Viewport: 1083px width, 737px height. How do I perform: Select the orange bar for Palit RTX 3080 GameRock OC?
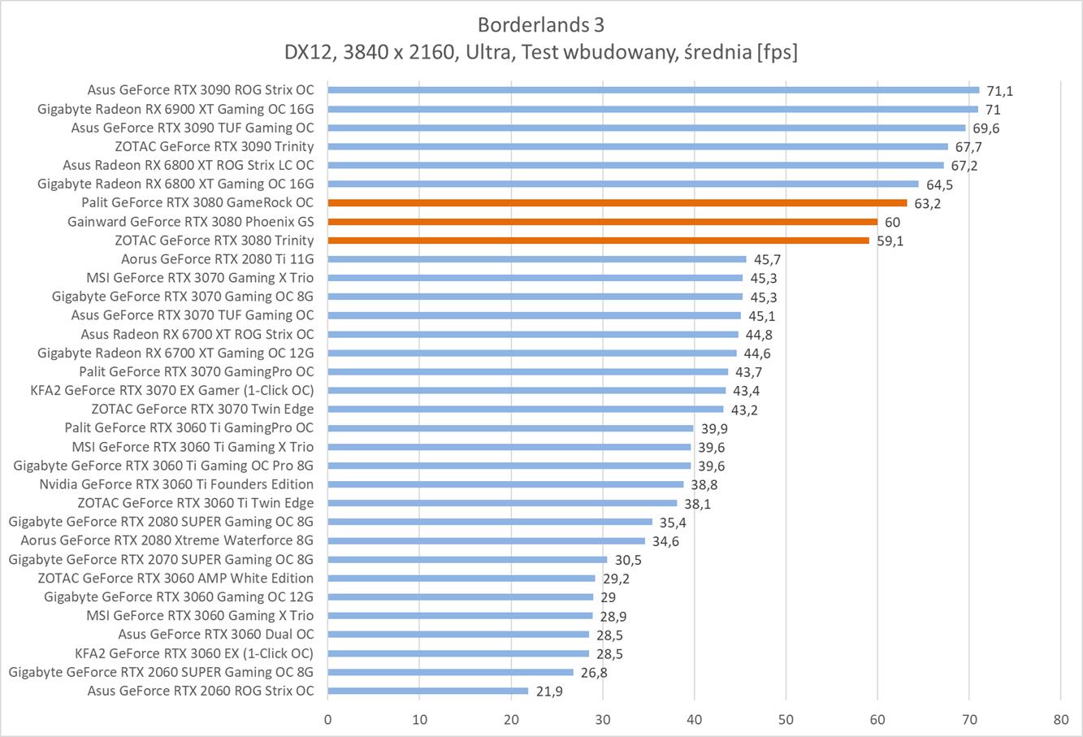click(x=617, y=203)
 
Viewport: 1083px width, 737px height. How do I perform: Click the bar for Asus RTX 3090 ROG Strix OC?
click(x=653, y=90)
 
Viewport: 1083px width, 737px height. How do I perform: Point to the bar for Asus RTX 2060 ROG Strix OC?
click(x=428, y=691)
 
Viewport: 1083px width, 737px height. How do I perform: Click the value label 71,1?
click(x=1000, y=91)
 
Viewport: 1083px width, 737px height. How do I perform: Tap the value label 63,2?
click(x=927, y=203)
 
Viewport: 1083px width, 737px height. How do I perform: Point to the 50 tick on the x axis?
click(x=786, y=720)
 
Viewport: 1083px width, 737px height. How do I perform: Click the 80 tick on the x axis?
click(x=1060, y=720)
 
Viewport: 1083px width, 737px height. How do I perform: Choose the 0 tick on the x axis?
click(x=327, y=720)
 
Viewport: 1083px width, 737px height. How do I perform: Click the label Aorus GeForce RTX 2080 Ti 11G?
click(x=217, y=259)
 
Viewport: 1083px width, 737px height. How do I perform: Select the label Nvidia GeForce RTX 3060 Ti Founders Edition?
click(x=176, y=484)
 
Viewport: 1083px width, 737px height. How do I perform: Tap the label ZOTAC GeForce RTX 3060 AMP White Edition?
click(x=175, y=579)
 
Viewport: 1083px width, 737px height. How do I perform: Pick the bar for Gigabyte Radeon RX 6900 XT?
click(x=653, y=109)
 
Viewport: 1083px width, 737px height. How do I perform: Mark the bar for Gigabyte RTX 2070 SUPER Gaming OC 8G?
click(x=467, y=560)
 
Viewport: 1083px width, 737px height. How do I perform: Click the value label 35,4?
click(x=673, y=522)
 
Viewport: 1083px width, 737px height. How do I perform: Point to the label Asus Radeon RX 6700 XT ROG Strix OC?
click(x=197, y=334)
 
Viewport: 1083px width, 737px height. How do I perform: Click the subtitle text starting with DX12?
click(x=540, y=52)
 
